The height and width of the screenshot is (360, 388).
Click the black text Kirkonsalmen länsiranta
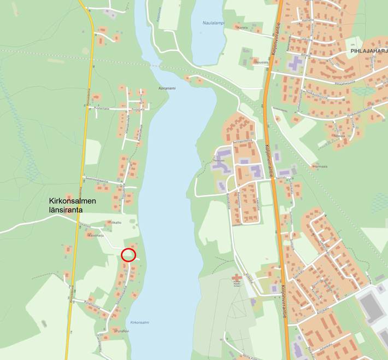73,206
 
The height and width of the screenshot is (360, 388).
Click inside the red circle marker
128,254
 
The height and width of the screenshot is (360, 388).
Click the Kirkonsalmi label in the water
140,323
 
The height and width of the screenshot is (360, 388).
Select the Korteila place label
243,27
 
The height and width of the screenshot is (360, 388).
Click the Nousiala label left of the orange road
262,62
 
